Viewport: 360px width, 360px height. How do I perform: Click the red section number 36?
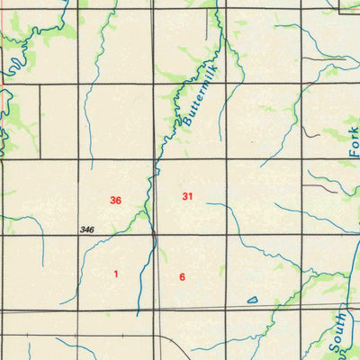(115, 200)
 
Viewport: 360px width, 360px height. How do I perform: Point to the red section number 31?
(187, 196)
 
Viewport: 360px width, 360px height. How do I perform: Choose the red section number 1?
(115, 273)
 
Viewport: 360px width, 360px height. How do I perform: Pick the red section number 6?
(182, 276)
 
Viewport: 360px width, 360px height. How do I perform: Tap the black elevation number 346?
(86, 231)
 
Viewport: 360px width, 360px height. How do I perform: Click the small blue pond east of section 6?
(252, 299)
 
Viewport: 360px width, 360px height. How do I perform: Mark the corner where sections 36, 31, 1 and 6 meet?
(154, 236)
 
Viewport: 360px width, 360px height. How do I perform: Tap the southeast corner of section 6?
(227, 311)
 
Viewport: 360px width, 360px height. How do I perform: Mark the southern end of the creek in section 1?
(138, 314)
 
